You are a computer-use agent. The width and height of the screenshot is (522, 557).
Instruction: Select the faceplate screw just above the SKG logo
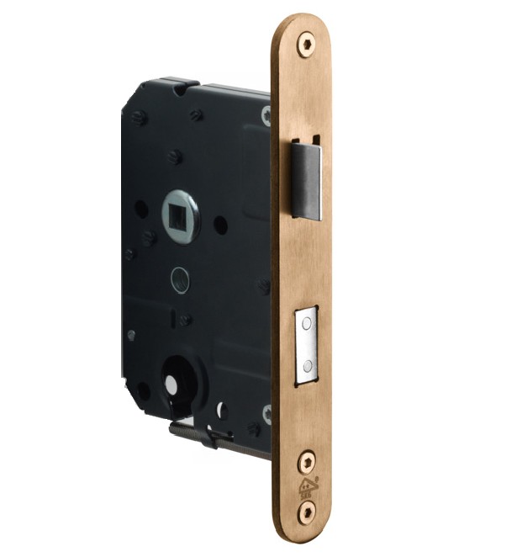(x=307, y=460)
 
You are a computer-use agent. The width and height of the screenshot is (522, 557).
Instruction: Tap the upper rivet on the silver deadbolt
(x=308, y=329)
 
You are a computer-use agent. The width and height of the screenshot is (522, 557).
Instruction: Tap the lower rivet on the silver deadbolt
(x=308, y=365)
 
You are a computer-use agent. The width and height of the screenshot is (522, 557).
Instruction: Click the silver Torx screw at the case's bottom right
(x=267, y=413)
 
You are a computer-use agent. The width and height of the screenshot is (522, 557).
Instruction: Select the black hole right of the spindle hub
(x=219, y=225)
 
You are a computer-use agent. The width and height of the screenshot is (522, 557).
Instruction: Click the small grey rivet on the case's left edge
(x=131, y=334)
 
